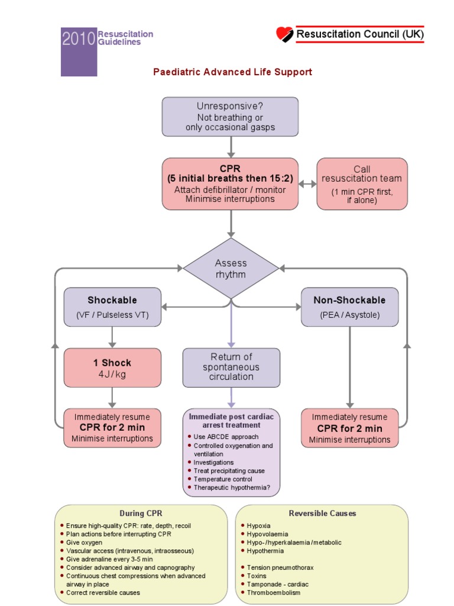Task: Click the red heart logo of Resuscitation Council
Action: click(285, 34)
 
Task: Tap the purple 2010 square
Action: click(78, 51)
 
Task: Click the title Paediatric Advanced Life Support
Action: click(232, 72)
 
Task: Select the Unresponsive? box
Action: click(230, 117)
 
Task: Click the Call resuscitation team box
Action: click(362, 183)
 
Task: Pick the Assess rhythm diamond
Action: click(231, 269)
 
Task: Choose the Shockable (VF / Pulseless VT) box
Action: click(112, 307)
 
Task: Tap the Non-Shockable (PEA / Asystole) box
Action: click(349, 307)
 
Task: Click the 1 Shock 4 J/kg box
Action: click(112, 368)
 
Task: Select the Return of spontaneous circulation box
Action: click(231, 366)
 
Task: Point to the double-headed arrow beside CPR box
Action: click(307, 183)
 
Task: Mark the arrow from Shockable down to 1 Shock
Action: click(112, 337)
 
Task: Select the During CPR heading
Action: click(141, 513)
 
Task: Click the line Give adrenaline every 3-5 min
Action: click(109, 559)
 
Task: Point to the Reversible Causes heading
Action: click(322, 513)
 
